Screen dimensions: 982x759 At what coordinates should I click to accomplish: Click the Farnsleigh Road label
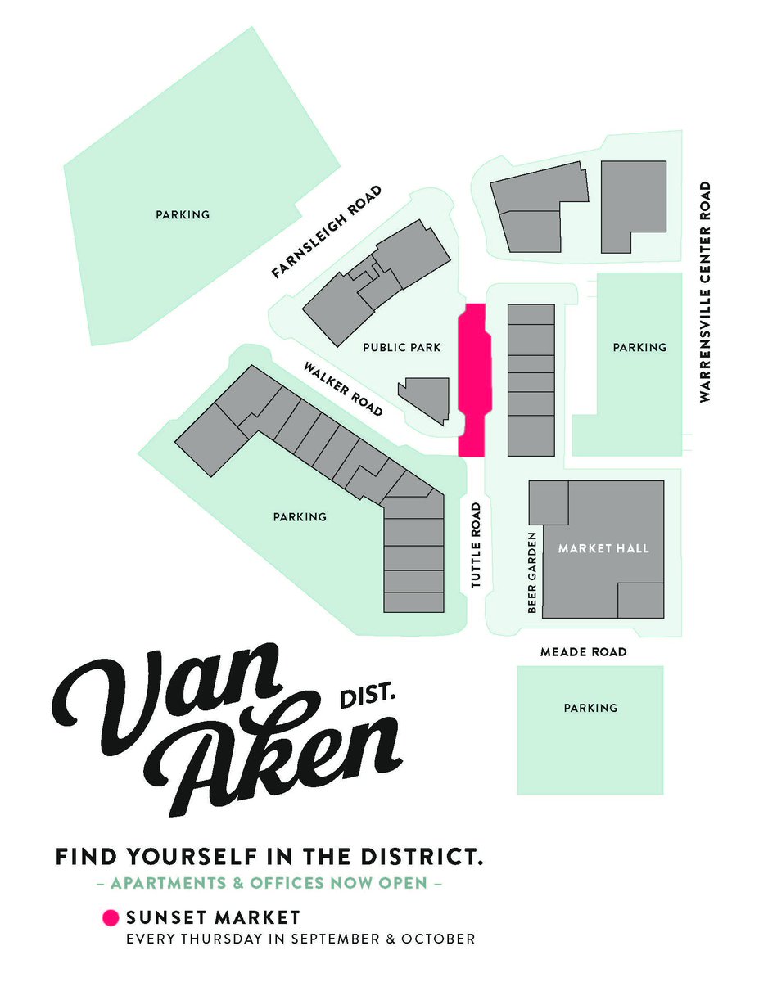click(x=327, y=232)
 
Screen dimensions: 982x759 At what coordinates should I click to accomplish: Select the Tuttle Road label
click(x=476, y=545)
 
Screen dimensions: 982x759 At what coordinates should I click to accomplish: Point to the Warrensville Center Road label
click(x=704, y=291)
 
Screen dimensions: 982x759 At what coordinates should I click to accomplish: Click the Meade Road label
click(x=583, y=652)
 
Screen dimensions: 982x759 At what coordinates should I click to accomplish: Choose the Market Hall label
click(x=603, y=548)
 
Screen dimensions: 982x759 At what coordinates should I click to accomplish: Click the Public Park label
click(x=401, y=348)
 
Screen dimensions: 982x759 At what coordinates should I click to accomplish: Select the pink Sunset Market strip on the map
click(x=472, y=381)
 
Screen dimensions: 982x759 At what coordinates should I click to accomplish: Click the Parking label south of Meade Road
click(x=590, y=708)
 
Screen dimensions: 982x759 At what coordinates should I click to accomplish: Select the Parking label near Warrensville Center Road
click(x=639, y=348)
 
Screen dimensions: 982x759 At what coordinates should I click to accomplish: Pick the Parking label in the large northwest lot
click(x=183, y=215)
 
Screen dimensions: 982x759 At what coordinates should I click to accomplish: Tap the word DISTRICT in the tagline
click(x=417, y=858)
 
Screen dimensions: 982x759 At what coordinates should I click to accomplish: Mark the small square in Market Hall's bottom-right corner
click(x=639, y=600)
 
